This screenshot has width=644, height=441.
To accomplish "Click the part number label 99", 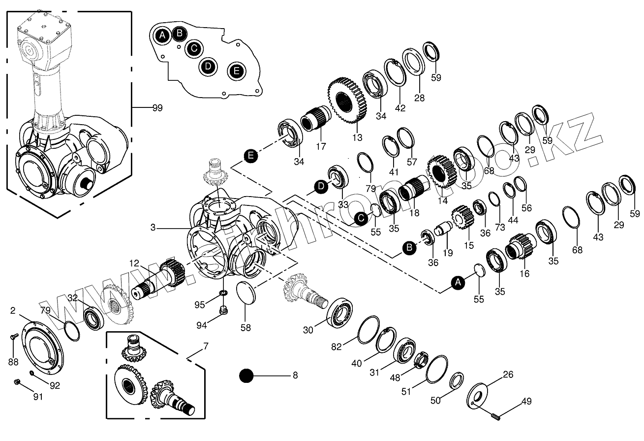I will point(157,107).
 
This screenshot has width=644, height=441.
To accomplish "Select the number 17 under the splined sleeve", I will point(321,146).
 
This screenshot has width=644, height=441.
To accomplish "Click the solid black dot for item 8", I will point(246,376).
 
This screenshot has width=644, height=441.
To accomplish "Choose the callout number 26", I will point(508,374).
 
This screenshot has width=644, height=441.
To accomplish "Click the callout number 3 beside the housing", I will point(153,228).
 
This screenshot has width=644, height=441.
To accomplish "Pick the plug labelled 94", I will point(224,310).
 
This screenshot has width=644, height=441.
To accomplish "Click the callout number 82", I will point(336,346).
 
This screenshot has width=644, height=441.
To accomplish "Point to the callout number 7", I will point(206,346).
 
